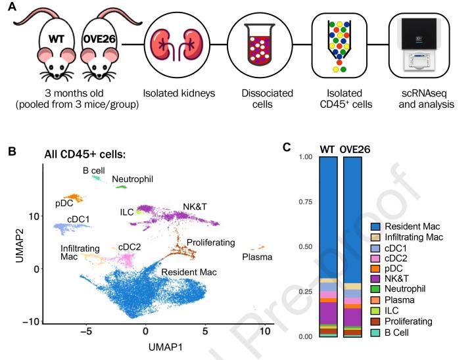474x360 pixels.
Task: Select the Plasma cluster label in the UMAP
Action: click(x=257, y=257)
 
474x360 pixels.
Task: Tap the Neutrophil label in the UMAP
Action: click(x=128, y=179)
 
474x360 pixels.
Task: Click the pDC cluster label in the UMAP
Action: click(x=64, y=203)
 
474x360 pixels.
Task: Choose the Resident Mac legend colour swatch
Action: click(x=376, y=226)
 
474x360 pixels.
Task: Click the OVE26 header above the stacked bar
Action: click(x=356, y=149)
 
